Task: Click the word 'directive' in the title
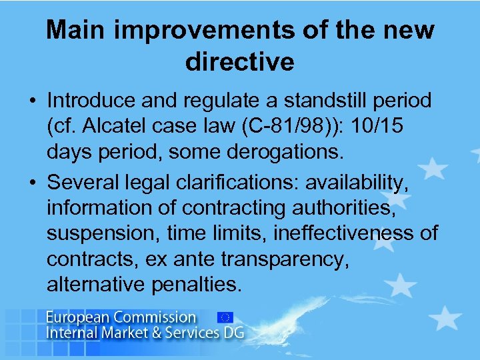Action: [240, 62]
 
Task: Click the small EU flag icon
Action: [225, 317]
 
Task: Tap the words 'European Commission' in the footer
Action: [121, 317]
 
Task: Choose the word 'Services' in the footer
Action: [177, 331]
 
